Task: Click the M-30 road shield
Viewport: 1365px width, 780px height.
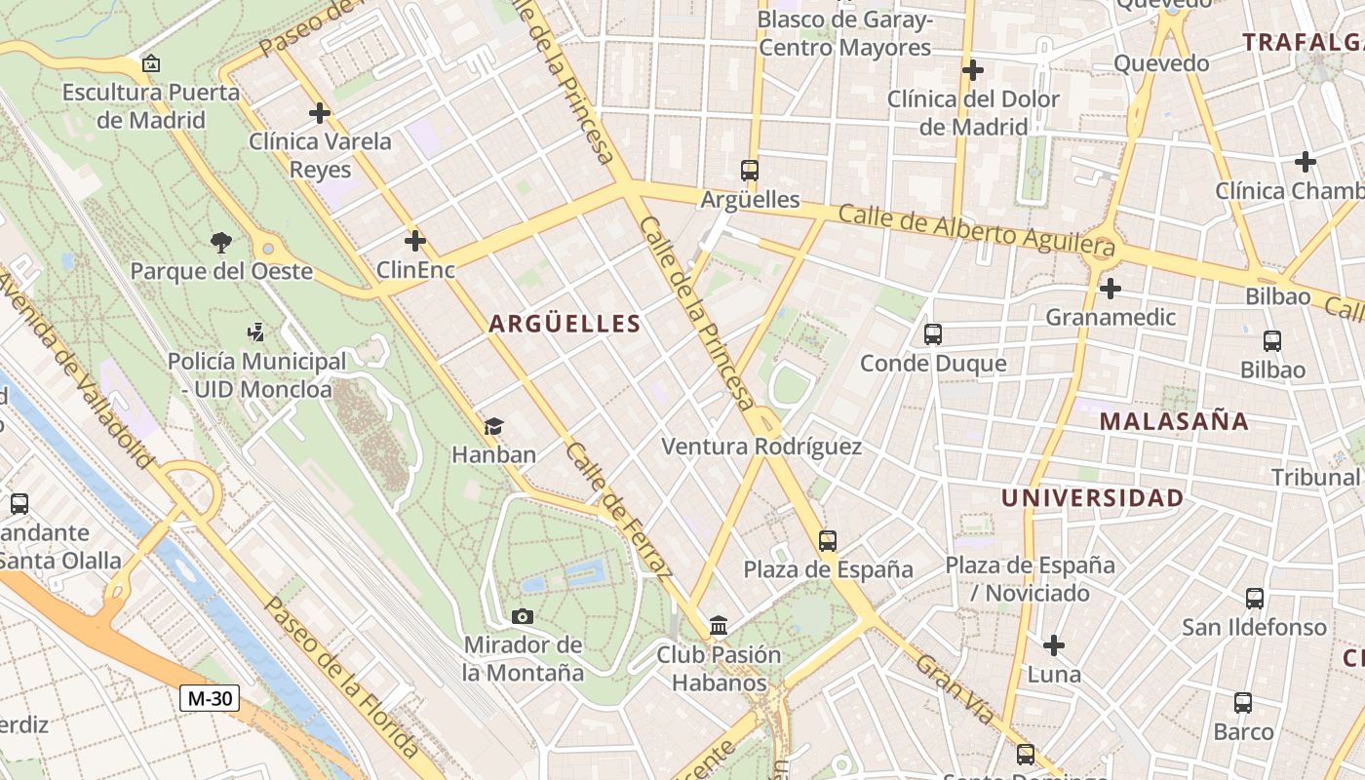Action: (210, 698)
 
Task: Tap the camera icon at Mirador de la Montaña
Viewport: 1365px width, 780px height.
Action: (523, 616)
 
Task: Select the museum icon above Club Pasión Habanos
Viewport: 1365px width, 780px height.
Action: (719, 625)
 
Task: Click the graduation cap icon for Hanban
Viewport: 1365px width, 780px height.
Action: (493, 426)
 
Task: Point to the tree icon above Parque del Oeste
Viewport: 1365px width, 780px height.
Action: (221, 242)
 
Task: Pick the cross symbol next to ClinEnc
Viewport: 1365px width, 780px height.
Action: (415, 240)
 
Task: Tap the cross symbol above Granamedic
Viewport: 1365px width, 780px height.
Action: (1110, 289)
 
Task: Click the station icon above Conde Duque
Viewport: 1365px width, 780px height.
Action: (933, 334)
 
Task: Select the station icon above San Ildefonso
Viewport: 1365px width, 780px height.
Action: (1255, 598)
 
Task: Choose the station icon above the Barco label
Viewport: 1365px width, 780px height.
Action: (1243, 702)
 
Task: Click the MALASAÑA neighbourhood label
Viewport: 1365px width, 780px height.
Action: (1174, 421)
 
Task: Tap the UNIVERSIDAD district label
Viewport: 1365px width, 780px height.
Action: (1092, 498)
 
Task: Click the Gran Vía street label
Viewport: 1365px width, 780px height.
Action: (955, 690)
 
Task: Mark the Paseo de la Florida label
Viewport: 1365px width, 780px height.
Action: (341, 677)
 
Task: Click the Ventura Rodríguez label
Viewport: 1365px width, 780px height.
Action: (761, 447)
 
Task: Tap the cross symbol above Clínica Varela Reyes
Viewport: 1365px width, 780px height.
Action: (320, 113)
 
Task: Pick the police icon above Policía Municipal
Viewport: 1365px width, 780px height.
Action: (256, 332)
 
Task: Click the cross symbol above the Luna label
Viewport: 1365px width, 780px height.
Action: (1054, 645)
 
